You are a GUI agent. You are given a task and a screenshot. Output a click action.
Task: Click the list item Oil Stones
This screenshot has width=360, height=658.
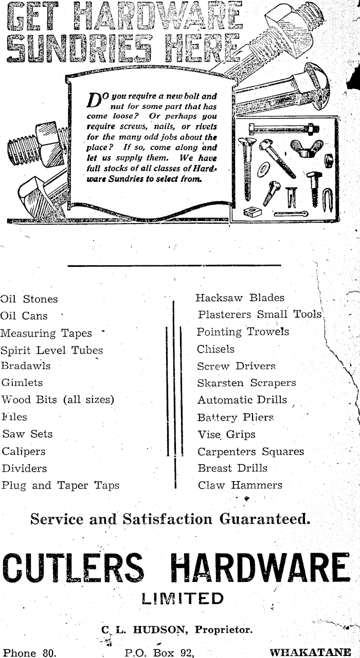pos(29,299)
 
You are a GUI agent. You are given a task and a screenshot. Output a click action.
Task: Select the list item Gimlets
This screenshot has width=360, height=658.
pos(22,383)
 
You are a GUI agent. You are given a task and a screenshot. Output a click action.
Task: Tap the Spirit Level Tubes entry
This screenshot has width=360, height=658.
pos(51,351)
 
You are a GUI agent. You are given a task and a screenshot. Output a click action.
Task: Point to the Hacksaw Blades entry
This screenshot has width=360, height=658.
pos(240,298)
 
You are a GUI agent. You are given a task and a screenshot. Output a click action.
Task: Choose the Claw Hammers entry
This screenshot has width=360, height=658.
pos(240,485)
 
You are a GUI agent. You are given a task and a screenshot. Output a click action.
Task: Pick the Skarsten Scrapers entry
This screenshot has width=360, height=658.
pos(246,383)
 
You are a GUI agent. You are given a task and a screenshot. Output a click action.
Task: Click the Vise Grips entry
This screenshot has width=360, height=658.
pos(226,434)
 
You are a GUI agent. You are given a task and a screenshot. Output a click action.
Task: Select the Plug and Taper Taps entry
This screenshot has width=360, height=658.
pos(60,485)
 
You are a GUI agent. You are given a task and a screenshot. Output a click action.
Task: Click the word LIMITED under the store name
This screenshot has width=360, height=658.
pos(183,598)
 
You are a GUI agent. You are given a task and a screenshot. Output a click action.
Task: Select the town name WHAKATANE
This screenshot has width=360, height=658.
pos(311,653)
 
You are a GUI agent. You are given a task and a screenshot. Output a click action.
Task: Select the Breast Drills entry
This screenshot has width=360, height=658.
pos(232,468)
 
